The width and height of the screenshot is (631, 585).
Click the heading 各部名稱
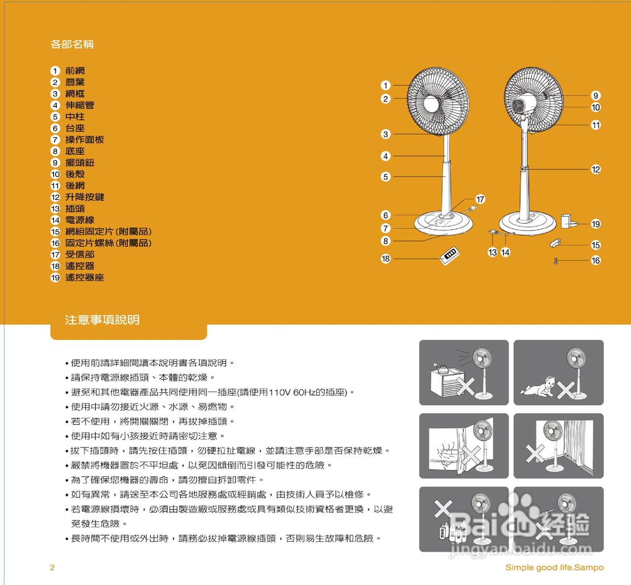point(72,44)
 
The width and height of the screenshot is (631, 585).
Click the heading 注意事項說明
point(102,320)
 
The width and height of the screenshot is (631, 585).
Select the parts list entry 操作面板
point(84,139)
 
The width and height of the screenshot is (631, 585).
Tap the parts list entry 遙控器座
point(84,277)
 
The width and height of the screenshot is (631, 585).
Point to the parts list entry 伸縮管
point(79,105)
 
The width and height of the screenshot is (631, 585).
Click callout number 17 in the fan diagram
point(480,199)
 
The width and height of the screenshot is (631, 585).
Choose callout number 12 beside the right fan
point(596,170)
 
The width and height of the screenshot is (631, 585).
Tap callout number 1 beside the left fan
point(386,85)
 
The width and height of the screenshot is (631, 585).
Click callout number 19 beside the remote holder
point(596,224)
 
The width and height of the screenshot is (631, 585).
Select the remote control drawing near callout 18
point(450,255)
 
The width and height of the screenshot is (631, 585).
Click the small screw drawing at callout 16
point(556,260)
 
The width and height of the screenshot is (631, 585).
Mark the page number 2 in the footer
point(52,567)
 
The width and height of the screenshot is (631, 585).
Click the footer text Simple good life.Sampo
point(554,567)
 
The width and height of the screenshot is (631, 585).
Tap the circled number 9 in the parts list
point(55,163)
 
